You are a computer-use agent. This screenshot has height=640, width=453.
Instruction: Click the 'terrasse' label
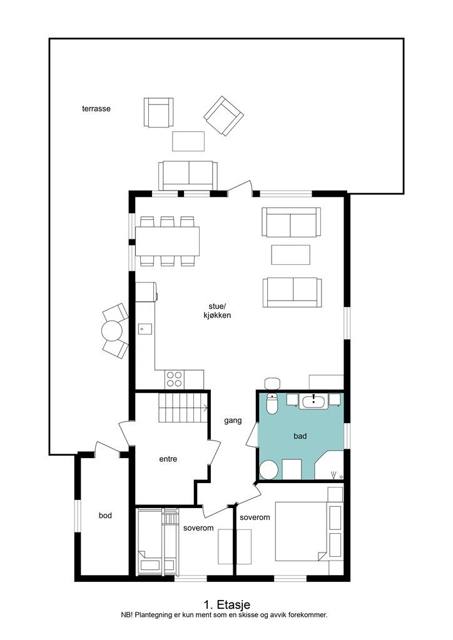pyautogui.click(x=96, y=109)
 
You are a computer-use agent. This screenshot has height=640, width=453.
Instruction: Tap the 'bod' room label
pyautogui.click(x=105, y=516)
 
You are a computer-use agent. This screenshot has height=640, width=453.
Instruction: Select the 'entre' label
pyautogui.click(x=168, y=459)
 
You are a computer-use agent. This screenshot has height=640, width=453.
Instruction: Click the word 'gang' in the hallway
pyautogui.click(x=233, y=421)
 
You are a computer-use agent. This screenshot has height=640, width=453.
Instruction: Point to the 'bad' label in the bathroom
pyautogui.click(x=300, y=436)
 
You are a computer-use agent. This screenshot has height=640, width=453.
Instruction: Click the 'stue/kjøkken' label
pyautogui.click(x=217, y=311)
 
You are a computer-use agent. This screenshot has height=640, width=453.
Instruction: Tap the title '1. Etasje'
pyautogui.click(x=227, y=604)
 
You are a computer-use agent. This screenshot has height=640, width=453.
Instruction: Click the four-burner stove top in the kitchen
pyautogui.click(x=175, y=379)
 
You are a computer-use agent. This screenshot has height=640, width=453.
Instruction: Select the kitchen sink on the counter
pyautogui.click(x=145, y=329)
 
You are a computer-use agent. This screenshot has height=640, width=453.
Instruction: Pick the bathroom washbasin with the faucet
pyautogui.click(x=313, y=401)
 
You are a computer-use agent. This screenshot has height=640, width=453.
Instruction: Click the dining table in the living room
pyautogui.click(x=168, y=241)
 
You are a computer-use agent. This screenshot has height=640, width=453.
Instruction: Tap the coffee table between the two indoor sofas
pyautogui.click(x=291, y=255)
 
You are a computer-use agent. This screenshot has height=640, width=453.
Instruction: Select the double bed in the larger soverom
pyautogui.click(x=302, y=531)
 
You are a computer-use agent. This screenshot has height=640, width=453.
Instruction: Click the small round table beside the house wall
pyautogui.click(x=112, y=331)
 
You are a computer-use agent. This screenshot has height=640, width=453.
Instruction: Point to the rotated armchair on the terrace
pyautogui.click(x=224, y=116)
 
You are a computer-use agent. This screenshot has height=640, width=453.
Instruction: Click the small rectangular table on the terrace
pyautogui.click(x=188, y=141)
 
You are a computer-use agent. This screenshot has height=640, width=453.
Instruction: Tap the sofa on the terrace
pyautogui.click(x=188, y=176)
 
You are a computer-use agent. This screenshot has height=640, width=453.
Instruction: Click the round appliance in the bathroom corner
pyautogui.click(x=269, y=470)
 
